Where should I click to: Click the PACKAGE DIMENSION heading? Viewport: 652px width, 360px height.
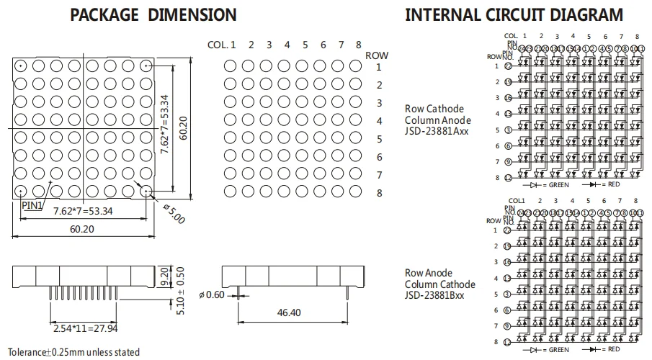click(153, 14)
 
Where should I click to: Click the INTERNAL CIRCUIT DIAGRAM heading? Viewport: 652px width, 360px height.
click(514, 14)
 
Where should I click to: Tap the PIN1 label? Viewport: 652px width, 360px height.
click(32, 204)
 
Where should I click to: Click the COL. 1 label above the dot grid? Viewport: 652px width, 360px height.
click(222, 45)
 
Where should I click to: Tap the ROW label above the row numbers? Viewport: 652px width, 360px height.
click(377, 55)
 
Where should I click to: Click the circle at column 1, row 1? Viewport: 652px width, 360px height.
click(230, 66)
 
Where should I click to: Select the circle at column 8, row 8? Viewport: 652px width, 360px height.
click(354, 192)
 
